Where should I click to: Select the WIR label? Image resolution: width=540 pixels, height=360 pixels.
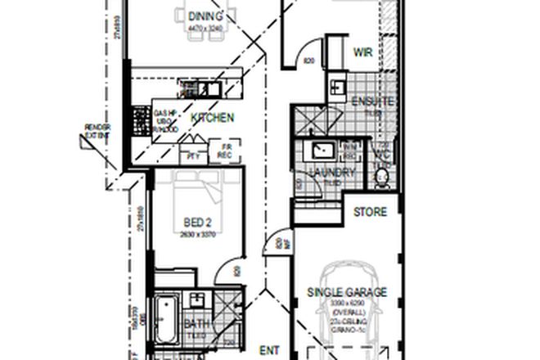pyautogui.click(x=363, y=52)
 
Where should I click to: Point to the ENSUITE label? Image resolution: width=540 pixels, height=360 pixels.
pyautogui.click(x=373, y=102)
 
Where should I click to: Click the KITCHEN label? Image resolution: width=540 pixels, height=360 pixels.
pyautogui.click(x=213, y=118)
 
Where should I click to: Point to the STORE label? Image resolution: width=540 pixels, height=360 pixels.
pyautogui.click(x=369, y=213)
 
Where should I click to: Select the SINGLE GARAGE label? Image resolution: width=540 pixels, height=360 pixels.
pyautogui.click(x=347, y=292)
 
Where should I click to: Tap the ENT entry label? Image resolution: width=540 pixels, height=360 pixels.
pyautogui.click(x=270, y=350)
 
